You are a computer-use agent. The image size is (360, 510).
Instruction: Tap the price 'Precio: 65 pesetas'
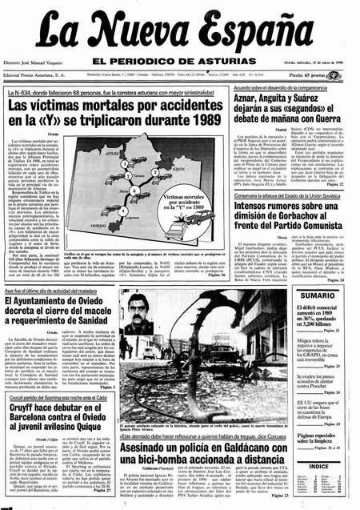click(x=325, y=74)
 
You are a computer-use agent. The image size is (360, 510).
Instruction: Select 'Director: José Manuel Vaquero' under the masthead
click(x=44, y=61)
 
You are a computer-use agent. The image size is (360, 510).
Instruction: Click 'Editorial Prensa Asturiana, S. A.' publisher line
click(x=42, y=74)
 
